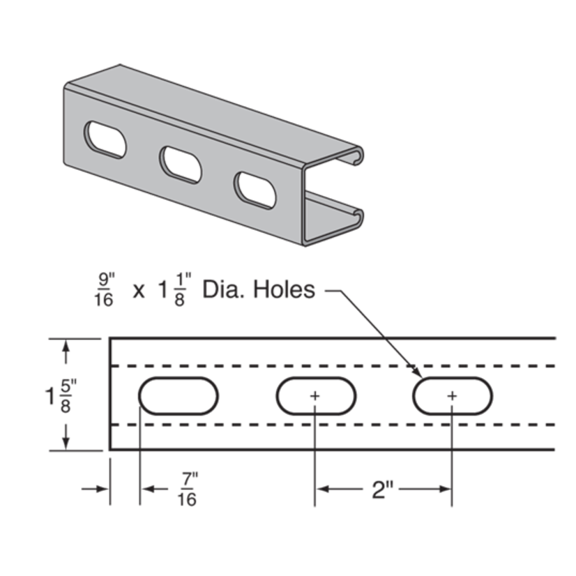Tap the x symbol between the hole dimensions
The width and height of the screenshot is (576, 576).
[x=139, y=291]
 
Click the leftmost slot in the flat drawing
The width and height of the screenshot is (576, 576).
[x=179, y=396]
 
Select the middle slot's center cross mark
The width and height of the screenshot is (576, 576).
[x=314, y=396]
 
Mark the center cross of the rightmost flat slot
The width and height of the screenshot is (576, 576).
[x=452, y=396]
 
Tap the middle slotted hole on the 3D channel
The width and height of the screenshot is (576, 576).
[x=181, y=163]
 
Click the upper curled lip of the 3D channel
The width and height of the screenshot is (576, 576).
[x=356, y=156]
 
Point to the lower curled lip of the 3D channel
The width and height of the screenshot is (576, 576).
[x=356, y=215]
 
